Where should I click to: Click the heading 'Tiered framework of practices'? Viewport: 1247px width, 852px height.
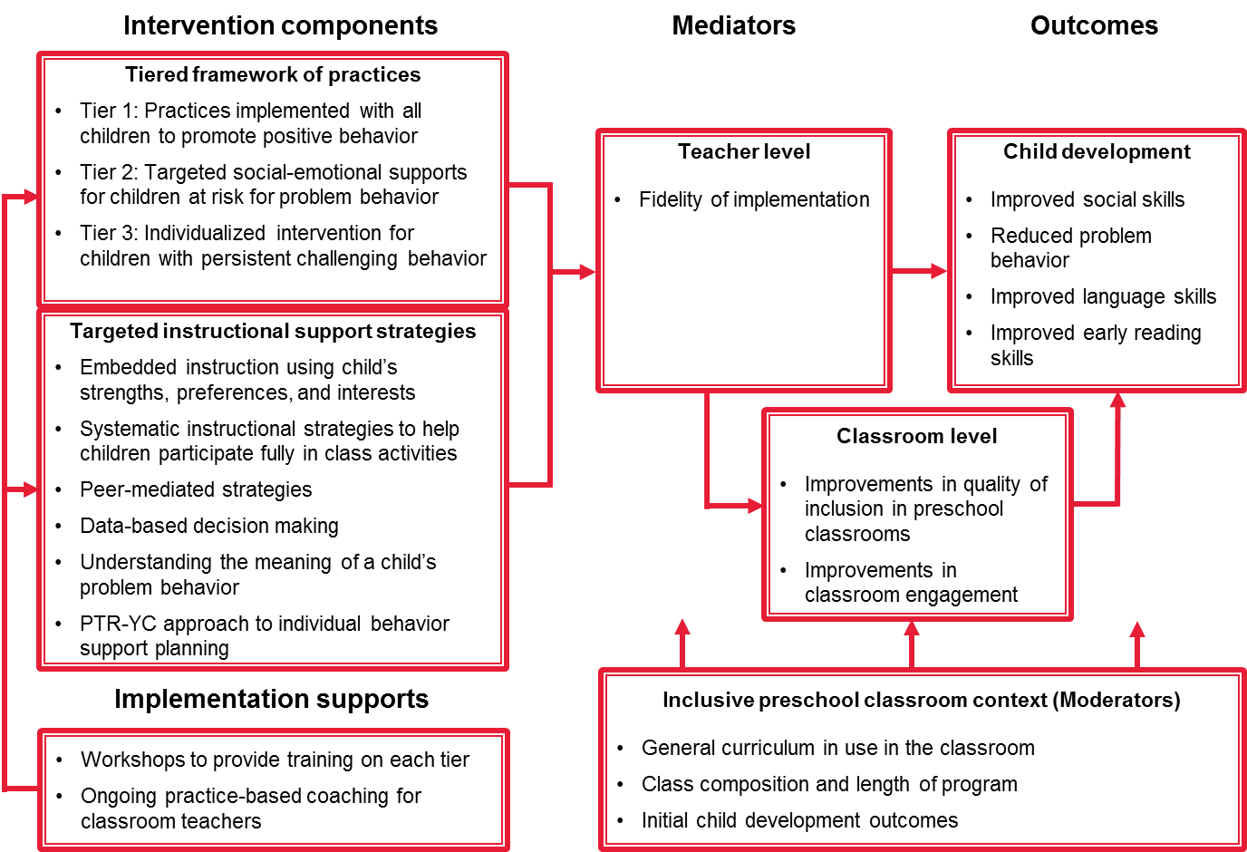[273, 74]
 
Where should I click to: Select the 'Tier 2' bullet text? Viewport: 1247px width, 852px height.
[273, 184]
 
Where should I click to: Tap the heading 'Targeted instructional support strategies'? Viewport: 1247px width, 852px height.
[273, 331]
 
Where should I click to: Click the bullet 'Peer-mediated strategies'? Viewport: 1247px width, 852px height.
[196, 489]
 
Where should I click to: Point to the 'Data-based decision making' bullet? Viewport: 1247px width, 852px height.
[209, 526]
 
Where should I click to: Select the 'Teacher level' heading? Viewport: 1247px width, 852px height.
[744, 151]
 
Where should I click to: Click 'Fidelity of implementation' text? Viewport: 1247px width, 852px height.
[754, 199]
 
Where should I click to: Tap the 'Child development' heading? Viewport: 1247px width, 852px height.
[1097, 151]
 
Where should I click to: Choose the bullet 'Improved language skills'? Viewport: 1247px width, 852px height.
[1103, 296]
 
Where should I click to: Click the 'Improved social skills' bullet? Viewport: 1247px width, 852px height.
[1087, 199]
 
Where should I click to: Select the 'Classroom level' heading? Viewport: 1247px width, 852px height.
[916, 436]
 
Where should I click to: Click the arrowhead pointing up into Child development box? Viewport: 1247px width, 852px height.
[1118, 401]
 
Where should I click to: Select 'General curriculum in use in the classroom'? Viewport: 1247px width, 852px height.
[837, 748]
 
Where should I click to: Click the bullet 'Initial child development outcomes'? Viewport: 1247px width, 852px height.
[799, 820]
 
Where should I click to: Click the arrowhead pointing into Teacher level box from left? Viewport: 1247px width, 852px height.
[586, 271]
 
